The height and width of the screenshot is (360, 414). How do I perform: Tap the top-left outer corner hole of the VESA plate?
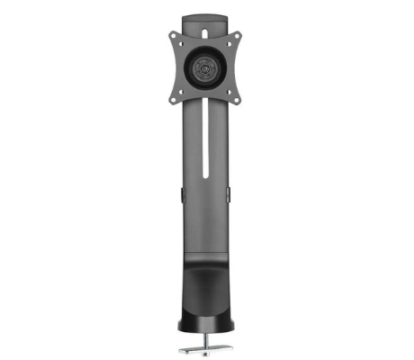175,35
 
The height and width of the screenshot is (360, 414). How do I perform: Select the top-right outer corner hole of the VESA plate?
238,35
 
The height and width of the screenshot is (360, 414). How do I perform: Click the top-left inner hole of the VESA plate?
186,46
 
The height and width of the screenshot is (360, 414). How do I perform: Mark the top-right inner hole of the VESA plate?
226,46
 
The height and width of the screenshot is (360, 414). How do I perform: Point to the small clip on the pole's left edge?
181,194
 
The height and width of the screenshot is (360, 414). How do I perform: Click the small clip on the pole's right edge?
231,194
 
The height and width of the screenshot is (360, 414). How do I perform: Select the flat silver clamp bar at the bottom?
206,346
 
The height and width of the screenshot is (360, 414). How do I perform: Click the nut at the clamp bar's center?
206,345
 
